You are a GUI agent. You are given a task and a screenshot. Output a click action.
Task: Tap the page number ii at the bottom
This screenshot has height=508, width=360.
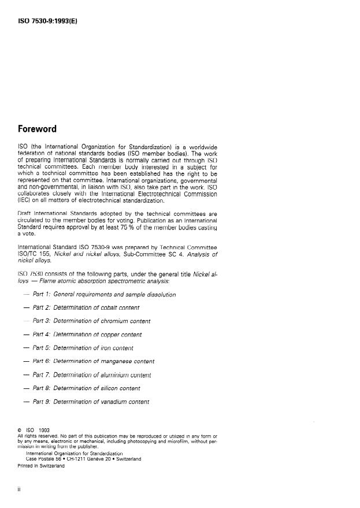click(21, 491)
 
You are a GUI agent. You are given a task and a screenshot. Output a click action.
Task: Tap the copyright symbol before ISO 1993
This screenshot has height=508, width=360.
click(20, 430)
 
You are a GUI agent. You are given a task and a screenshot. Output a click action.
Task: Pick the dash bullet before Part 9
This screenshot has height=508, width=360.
click(25, 401)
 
